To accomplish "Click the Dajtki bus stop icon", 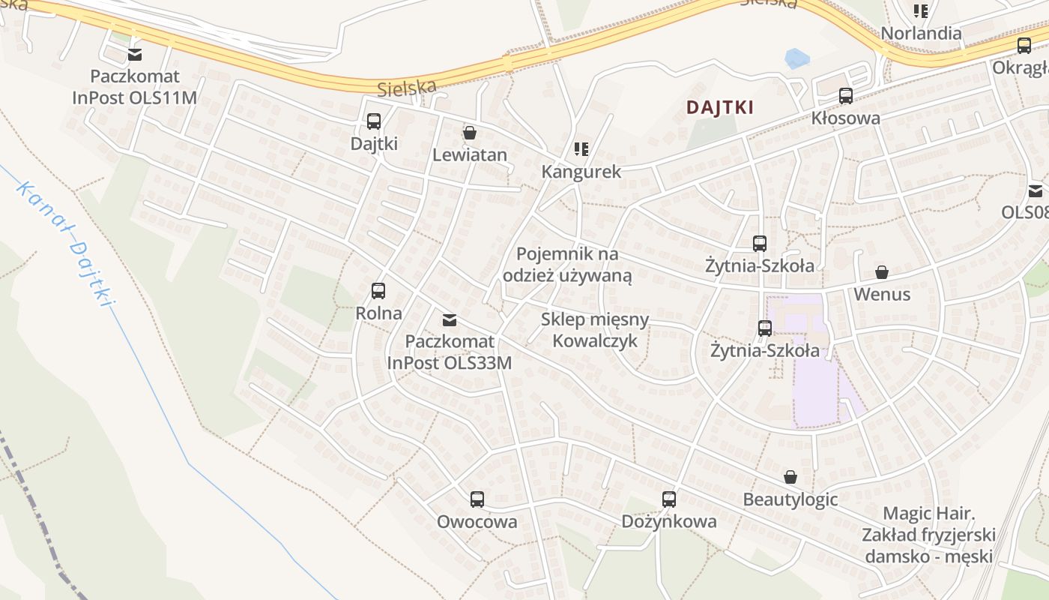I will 374,121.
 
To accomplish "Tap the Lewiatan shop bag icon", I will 470,133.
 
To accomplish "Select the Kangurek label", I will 581,172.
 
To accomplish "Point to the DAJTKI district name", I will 720,107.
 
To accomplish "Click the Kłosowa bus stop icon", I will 846,96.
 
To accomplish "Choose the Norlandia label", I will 921,33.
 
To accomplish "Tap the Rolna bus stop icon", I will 378,290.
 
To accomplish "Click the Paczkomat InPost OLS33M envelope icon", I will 450,320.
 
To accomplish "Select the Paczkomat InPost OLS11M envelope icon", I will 135,54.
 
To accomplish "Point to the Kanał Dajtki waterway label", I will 67,244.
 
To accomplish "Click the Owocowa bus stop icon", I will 477,499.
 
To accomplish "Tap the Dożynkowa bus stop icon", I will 669,499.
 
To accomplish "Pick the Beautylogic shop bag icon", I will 790,477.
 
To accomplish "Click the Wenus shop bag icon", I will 882,272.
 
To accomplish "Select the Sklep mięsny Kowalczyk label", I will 595,330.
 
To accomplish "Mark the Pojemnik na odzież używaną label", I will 567,265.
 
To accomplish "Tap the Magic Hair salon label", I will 928,535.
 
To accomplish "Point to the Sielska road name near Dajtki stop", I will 408,88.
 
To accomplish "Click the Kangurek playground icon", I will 581,149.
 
